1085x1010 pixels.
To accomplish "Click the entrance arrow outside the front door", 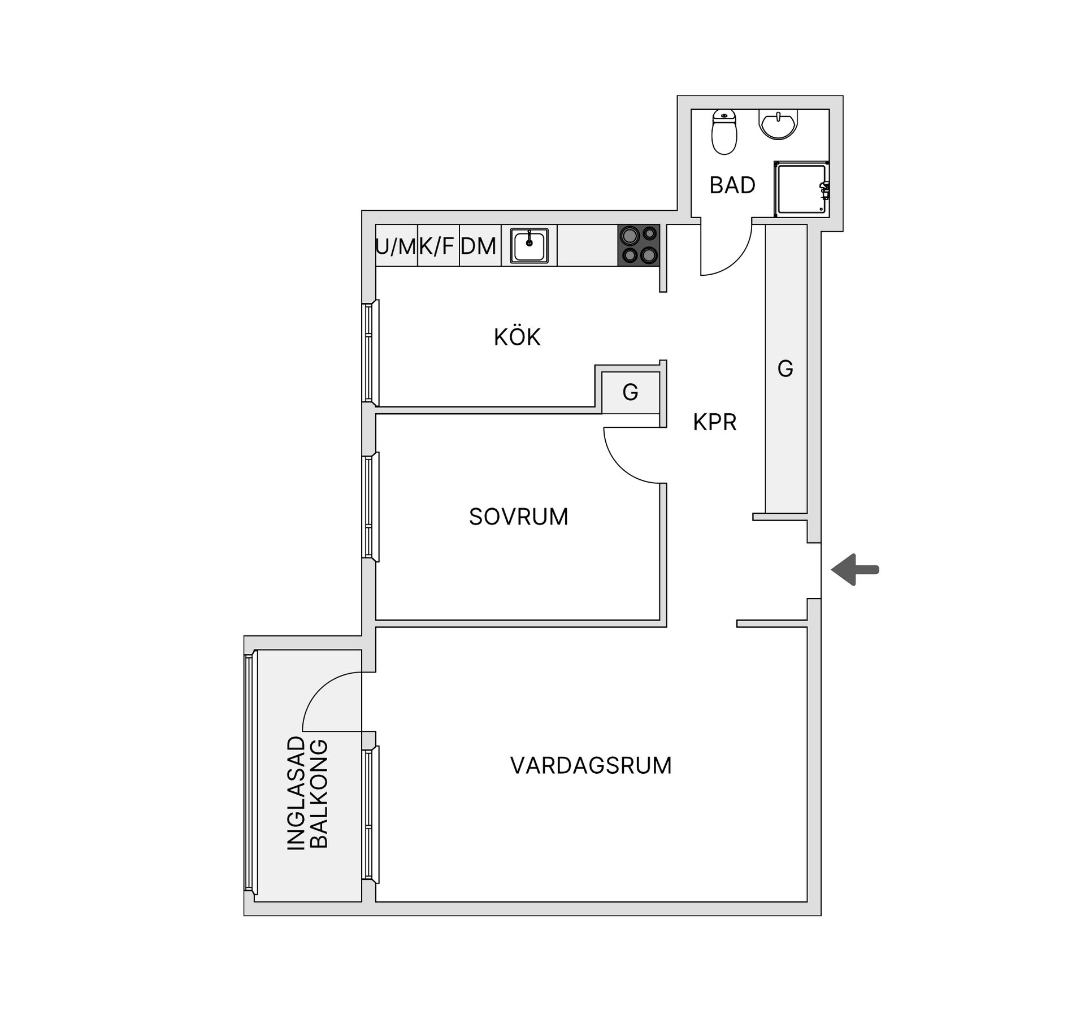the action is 854,570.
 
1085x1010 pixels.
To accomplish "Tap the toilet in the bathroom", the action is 724,132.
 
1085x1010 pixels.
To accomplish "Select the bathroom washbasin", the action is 779,124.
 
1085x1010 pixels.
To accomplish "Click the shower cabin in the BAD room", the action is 801,189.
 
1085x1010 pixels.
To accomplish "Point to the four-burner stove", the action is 639,245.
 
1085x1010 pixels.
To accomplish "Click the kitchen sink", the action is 530,245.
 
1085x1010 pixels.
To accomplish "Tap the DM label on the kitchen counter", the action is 478,246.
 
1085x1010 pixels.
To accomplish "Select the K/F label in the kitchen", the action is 436,246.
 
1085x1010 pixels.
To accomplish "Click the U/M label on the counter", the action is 396,246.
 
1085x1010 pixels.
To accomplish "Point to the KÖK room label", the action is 517,337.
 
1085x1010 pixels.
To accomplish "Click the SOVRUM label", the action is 518,517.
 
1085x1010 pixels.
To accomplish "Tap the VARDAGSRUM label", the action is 591,765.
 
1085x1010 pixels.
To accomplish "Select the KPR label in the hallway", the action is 715,422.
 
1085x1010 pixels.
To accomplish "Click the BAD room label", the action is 732,185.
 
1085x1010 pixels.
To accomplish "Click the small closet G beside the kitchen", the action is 631,392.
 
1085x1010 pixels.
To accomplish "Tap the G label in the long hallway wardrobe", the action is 785,369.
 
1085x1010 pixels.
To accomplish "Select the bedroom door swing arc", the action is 620,467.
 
